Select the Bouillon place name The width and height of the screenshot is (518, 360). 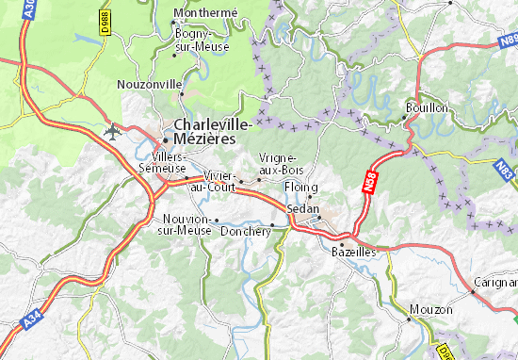click(x=427, y=107)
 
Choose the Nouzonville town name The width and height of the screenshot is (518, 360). click(x=149, y=84)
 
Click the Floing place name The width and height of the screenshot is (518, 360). click(x=300, y=188)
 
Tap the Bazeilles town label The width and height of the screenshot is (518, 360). click(x=353, y=252)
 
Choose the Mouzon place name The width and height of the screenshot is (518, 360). click(x=431, y=309)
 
